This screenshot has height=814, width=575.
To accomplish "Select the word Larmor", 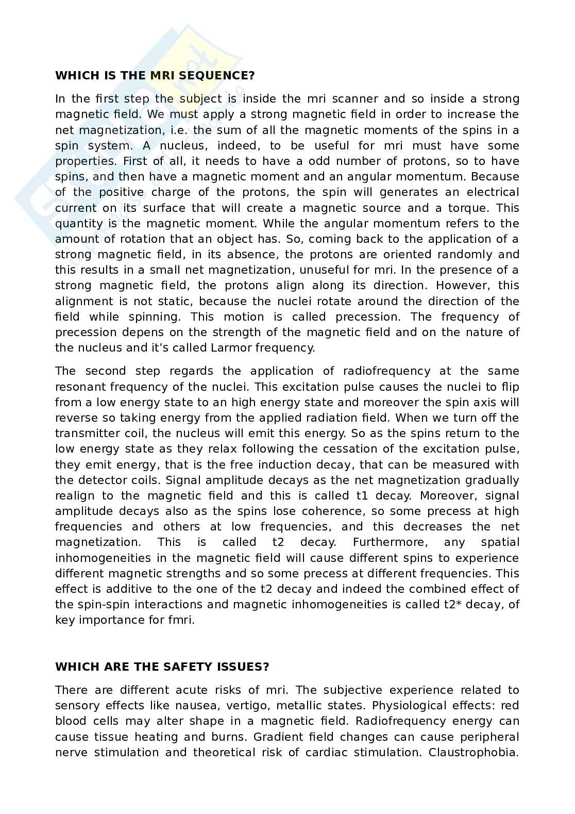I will click(232, 347).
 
